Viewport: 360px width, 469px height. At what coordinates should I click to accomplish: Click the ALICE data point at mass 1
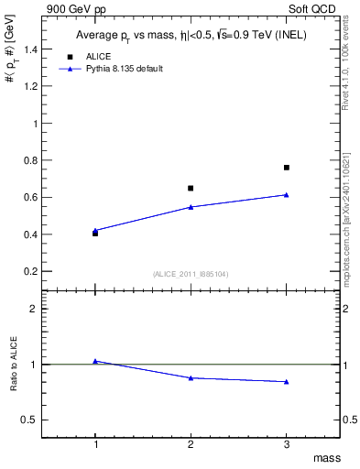point(95,234)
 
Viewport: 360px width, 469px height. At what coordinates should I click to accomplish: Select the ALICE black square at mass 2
point(191,188)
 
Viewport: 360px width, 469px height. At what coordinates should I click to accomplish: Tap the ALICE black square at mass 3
point(287,168)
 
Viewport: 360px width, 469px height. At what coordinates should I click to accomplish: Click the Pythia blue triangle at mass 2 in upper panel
point(191,207)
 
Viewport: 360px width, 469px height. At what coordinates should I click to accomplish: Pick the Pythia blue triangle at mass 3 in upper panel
point(287,194)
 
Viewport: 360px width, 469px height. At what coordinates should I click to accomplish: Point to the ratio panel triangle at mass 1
point(95,361)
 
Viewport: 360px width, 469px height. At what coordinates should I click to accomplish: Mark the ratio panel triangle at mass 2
point(191,377)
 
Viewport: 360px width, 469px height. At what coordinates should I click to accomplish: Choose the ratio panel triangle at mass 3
point(287,381)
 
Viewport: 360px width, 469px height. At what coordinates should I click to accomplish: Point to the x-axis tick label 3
point(287,444)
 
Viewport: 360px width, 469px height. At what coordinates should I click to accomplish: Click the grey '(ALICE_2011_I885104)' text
point(191,274)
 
